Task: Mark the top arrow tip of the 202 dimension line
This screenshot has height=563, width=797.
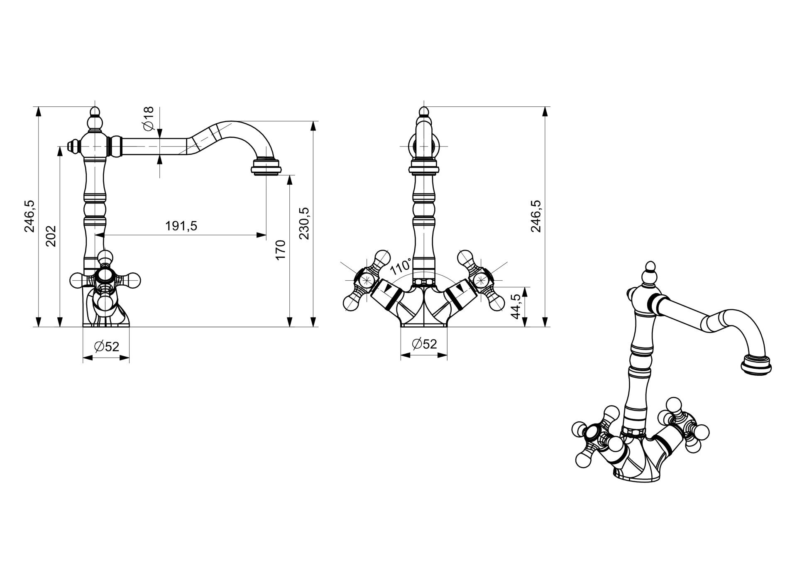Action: point(60,147)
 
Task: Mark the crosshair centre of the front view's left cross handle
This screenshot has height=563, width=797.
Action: point(367,279)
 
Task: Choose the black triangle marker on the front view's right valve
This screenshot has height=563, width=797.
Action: point(459,287)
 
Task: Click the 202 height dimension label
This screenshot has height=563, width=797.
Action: point(51,236)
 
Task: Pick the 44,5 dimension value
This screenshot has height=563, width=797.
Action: point(516,306)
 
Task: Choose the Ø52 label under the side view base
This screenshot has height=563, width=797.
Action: point(107,346)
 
